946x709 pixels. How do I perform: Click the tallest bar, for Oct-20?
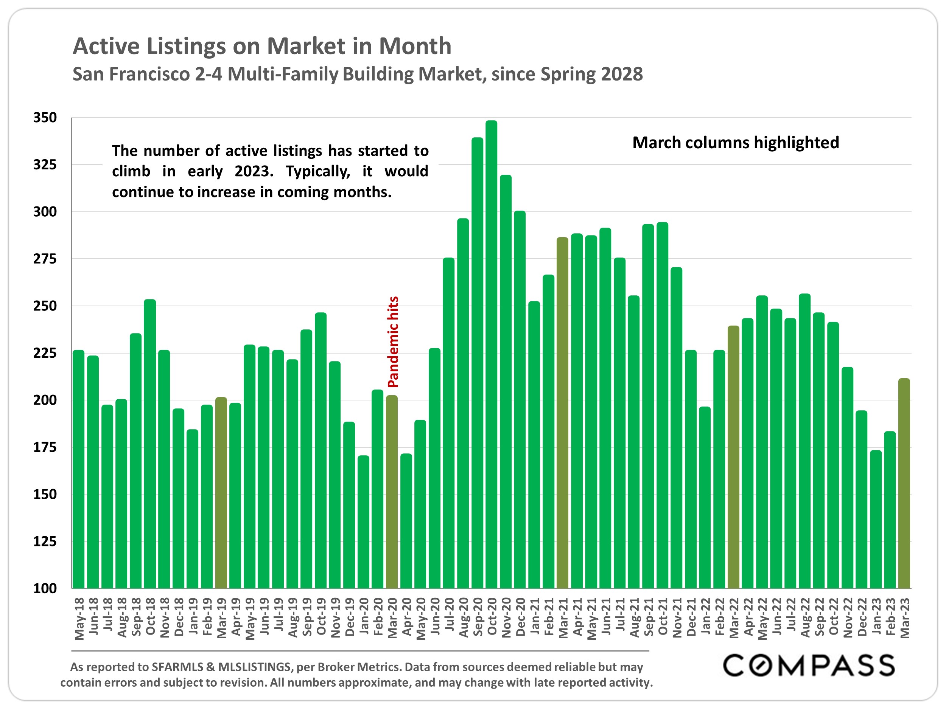coord(492,355)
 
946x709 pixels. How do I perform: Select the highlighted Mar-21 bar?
coord(562,413)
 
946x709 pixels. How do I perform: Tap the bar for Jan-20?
coord(364,522)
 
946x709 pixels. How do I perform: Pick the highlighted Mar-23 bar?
coord(904,483)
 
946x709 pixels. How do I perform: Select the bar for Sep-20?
coord(477,363)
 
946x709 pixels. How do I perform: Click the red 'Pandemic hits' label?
coord(393,342)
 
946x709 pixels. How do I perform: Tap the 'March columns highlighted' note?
coord(736,143)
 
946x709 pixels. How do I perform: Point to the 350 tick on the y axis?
coord(45,118)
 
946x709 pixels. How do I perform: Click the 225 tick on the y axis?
coord(45,353)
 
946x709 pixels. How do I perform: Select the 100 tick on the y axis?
coord(45,588)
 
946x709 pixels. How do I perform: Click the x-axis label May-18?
coord(79,619)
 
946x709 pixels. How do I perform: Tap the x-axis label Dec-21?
coord(691,617)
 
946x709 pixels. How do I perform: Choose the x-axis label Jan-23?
coord(876,617)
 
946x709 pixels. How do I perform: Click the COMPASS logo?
coord(809,666)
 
